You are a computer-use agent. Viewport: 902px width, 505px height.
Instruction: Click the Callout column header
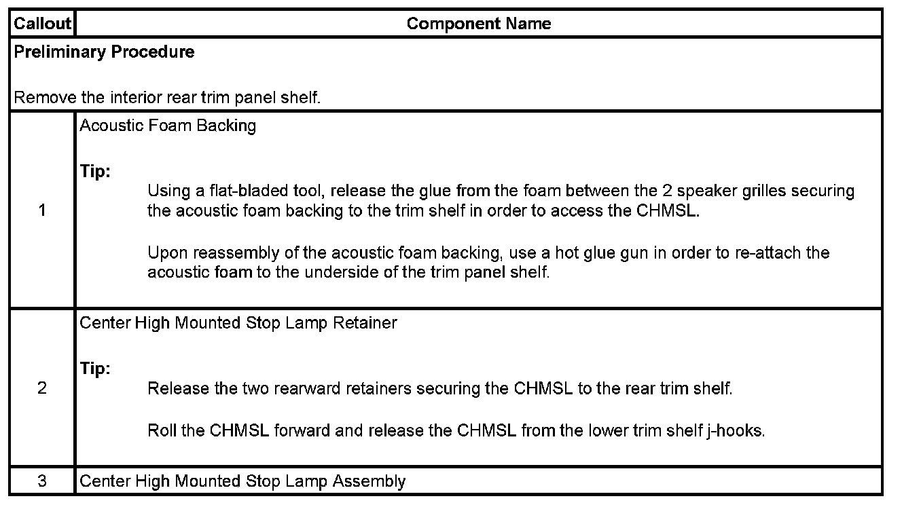pyautogui.click(x=42, y=24)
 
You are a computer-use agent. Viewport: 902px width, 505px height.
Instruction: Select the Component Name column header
pyautogui.click(x=478, y=24)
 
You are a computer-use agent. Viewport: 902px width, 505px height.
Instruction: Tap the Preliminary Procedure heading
pyautogui.click(x=104, y=52)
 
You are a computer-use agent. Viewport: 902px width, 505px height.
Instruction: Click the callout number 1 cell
pyautogui.click(x=42, y=210)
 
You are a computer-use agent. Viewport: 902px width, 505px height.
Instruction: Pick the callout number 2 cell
pyautogui.click(x=42, y=388)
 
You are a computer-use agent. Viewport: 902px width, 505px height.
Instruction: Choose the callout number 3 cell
pyautogui.click(x=42, y=481)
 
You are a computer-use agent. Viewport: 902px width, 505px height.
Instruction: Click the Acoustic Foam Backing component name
pyautogui.click(x=168, y=126)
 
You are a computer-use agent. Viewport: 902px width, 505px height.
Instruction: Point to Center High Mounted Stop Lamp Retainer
pyautogui.click(x=238, y=323)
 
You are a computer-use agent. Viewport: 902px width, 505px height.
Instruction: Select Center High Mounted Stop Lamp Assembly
pyautogui.click(x=242, y=481)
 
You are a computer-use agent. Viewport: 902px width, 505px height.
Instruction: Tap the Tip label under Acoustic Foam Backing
pyautogui.click(x=95, y=172)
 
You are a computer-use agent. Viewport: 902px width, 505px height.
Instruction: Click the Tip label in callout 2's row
pyautogui.click(x=95, y=369)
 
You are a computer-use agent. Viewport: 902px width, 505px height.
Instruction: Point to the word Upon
pyautogui.click(x=167, y=253)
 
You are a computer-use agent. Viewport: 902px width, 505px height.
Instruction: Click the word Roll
pyautogui.click(x=162, y=431)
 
